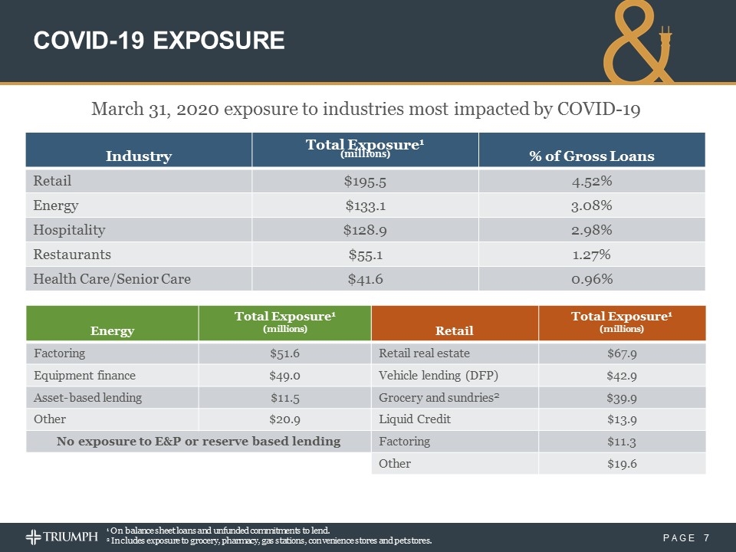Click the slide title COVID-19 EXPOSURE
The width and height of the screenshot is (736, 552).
[x=159, y=40]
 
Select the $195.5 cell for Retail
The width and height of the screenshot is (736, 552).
[x=365, y=182]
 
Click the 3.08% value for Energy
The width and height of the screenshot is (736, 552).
[x=591, y=205]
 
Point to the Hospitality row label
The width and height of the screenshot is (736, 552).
[x=70, y=230]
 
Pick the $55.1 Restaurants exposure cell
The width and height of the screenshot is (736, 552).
[x=365, y=255]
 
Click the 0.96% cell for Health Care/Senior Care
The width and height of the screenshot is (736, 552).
[x=591, y=279]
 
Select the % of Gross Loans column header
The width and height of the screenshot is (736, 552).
[x=591, y=156]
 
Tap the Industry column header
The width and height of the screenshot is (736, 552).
[x=138, y=156]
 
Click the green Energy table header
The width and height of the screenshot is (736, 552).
[x=113, y=330]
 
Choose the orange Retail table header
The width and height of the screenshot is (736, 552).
[x=454, y=330]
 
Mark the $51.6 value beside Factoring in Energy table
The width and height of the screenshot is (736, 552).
[x=284, y=353]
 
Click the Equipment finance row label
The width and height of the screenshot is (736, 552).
[x=85, y=376]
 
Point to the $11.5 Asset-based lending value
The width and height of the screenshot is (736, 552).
[x=284, y=398]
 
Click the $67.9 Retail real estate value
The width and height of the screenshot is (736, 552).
[x=622, y=353]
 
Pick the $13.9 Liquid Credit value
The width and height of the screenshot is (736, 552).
[x=622, y=419]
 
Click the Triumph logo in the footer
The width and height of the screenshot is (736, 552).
[x=63, y=536]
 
